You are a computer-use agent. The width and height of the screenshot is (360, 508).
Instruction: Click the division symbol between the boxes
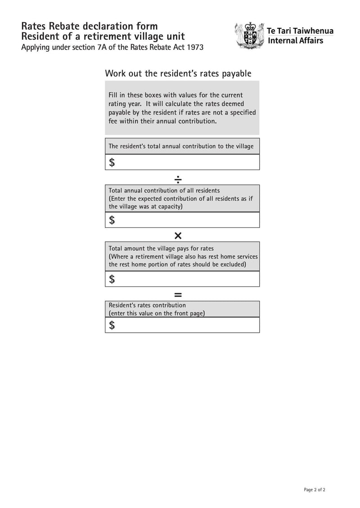click(x=178, y=179)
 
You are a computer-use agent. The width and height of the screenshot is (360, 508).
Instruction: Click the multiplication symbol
click(x=178, y=236)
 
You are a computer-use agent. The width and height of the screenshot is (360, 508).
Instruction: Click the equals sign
click(x=178, y=295)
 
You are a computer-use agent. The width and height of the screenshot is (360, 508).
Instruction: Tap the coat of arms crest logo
click(x=249, y=36)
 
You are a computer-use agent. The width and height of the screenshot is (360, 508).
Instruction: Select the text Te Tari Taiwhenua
click(x=300, y=31)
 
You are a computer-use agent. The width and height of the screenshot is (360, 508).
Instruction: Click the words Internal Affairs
click(x=295, y=41)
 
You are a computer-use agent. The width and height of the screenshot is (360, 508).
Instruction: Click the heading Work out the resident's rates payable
click(x=178, y=73)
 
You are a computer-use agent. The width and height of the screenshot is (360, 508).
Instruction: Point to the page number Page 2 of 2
click(x=315, y=490)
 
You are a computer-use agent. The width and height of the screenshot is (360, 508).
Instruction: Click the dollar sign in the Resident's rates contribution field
click(x=112, y=325)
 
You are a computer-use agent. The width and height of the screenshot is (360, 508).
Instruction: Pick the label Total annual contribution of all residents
click(x=164, y=191)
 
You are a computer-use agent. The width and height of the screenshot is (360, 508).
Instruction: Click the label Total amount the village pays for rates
click(x=161, y=248)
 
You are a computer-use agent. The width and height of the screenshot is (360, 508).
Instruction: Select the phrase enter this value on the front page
click(x=157, y=313)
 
